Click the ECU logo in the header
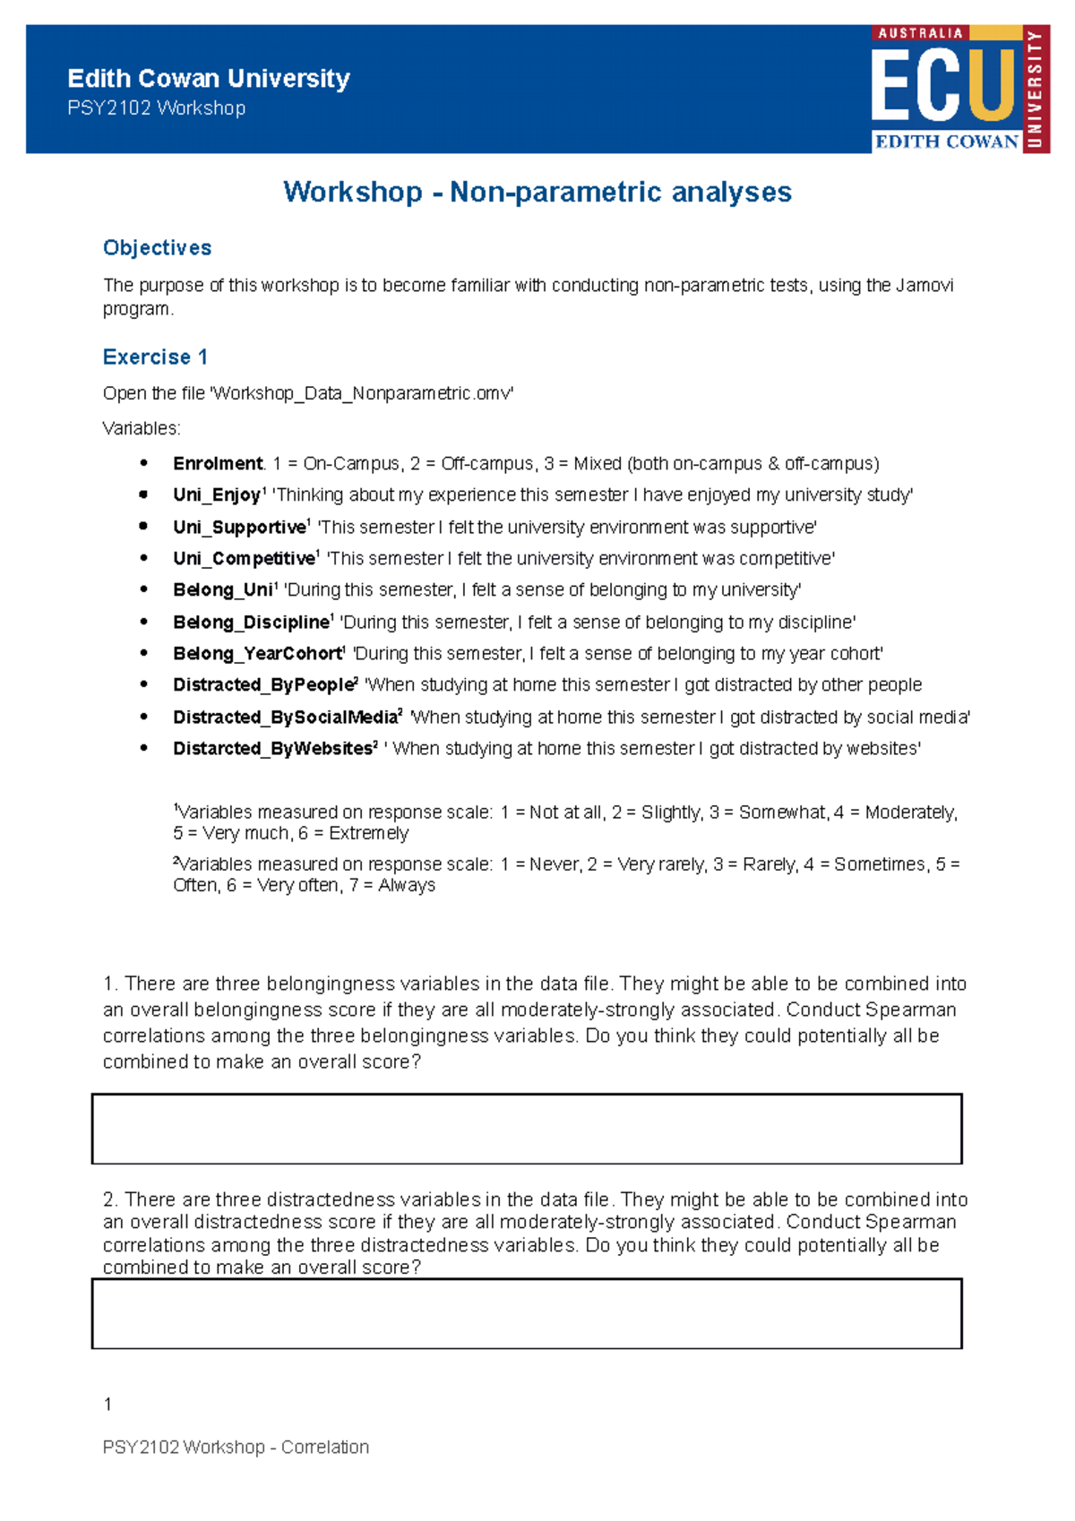point(959,89)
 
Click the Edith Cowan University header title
point(208,79)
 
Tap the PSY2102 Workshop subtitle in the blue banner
point(156,108)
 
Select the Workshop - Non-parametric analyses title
point(537,192)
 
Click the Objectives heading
point(157,248)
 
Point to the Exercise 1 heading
point(155,357)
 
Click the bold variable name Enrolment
point(218,464)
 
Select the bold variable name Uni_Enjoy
point(216,495)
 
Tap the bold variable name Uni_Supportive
point(239,528)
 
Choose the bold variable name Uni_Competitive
point(244,559)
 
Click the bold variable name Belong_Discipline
point(251,623)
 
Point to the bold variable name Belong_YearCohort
point(258,654)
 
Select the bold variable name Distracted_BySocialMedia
point(285,718)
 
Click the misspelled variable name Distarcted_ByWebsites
point(272,749)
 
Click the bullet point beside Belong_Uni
point(143,590)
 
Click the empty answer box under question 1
point(527,1129)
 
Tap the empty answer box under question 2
point(527,1313)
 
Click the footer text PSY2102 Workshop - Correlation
point(236,1448)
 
